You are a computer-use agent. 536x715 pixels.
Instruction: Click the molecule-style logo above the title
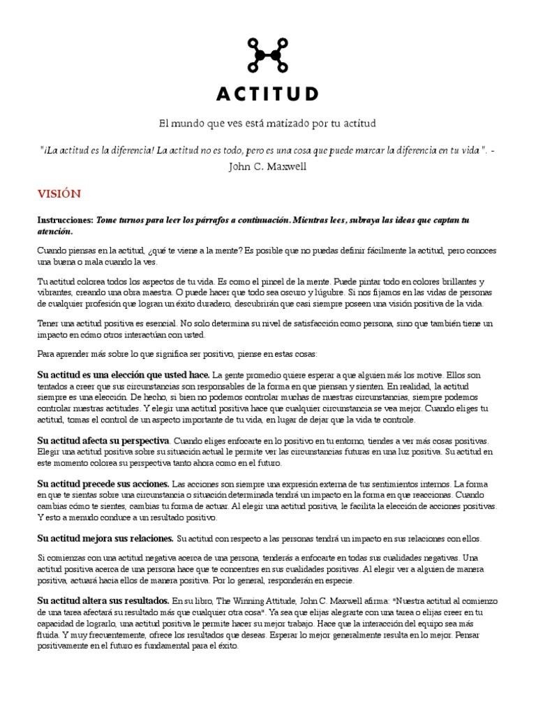[x=268, y=54]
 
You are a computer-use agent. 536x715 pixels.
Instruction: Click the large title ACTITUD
[x=268, y=94]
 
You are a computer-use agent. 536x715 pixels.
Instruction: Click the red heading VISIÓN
[x=59, y=193]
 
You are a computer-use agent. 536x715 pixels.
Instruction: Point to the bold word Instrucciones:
[x=65, y=220]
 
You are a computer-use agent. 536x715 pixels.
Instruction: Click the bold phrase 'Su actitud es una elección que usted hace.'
[x=124, y=375]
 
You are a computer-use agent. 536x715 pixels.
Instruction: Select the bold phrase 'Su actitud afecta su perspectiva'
[x=103, y=441]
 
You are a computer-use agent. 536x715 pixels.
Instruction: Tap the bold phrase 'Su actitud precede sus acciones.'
[x=103, y=483]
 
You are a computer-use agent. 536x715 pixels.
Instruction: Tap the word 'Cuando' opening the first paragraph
[x=52, y=250]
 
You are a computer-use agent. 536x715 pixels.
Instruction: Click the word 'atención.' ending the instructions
[x=55, y=231]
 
